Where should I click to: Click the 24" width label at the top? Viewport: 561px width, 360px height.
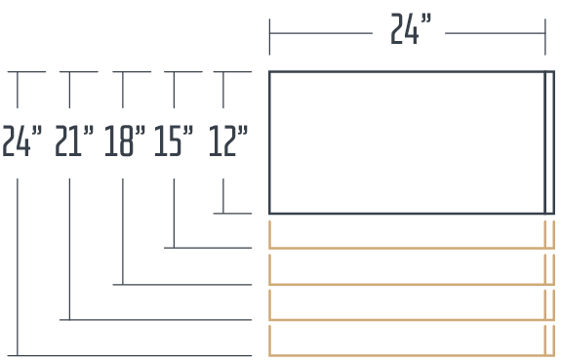pyautogui.click(x=411, y=28)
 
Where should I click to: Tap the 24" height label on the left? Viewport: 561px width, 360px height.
pyautogui.click(x=21, y=140)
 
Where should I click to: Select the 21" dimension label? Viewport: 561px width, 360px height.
pyautogui.click(x=74, y=140)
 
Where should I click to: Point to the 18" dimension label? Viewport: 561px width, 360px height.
pyautogui.click(x=125, y=140)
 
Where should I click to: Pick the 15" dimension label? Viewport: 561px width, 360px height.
pyautogui.click(x=174, y=140)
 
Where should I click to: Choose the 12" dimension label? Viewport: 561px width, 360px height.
pyautogui.click(x=228, y=140)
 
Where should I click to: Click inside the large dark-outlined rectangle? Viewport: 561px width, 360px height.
pyautogui.click(x=407, y=142)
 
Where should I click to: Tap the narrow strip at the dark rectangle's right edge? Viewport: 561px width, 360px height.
pyautogui.click(x=549, y=142)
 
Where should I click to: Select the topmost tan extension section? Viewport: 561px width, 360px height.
pyautogui.click(x=412, y=248)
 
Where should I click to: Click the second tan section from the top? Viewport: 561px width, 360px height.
pyautogui.click(x=412, y=285)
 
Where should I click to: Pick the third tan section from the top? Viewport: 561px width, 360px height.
pyautogui.click(x=412, y=320)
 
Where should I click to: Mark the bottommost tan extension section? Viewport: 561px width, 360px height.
pyautogui.click(x=412, y=355)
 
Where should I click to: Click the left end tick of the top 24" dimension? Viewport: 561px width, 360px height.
pyautogui.click(x=269, y=37)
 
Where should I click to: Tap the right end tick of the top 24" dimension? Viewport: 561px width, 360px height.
pyautogui.click(x=545, y=37)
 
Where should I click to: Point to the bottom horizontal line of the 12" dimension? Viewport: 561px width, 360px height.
pyautogui.click(x=232, y=214)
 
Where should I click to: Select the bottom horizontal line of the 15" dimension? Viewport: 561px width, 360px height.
pyautogui.click(x=208, y=248)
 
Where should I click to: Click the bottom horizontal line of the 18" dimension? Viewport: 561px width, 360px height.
pyautogui.click(x=182, y=285)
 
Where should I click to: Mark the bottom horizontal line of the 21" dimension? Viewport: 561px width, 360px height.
pyautogui.click(x=156, y=320)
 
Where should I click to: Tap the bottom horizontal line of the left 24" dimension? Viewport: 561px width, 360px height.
pyautogui.click(x=130, y=356)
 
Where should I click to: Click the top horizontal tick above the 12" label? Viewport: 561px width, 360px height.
pyautogui.click(x=232, y=72)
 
